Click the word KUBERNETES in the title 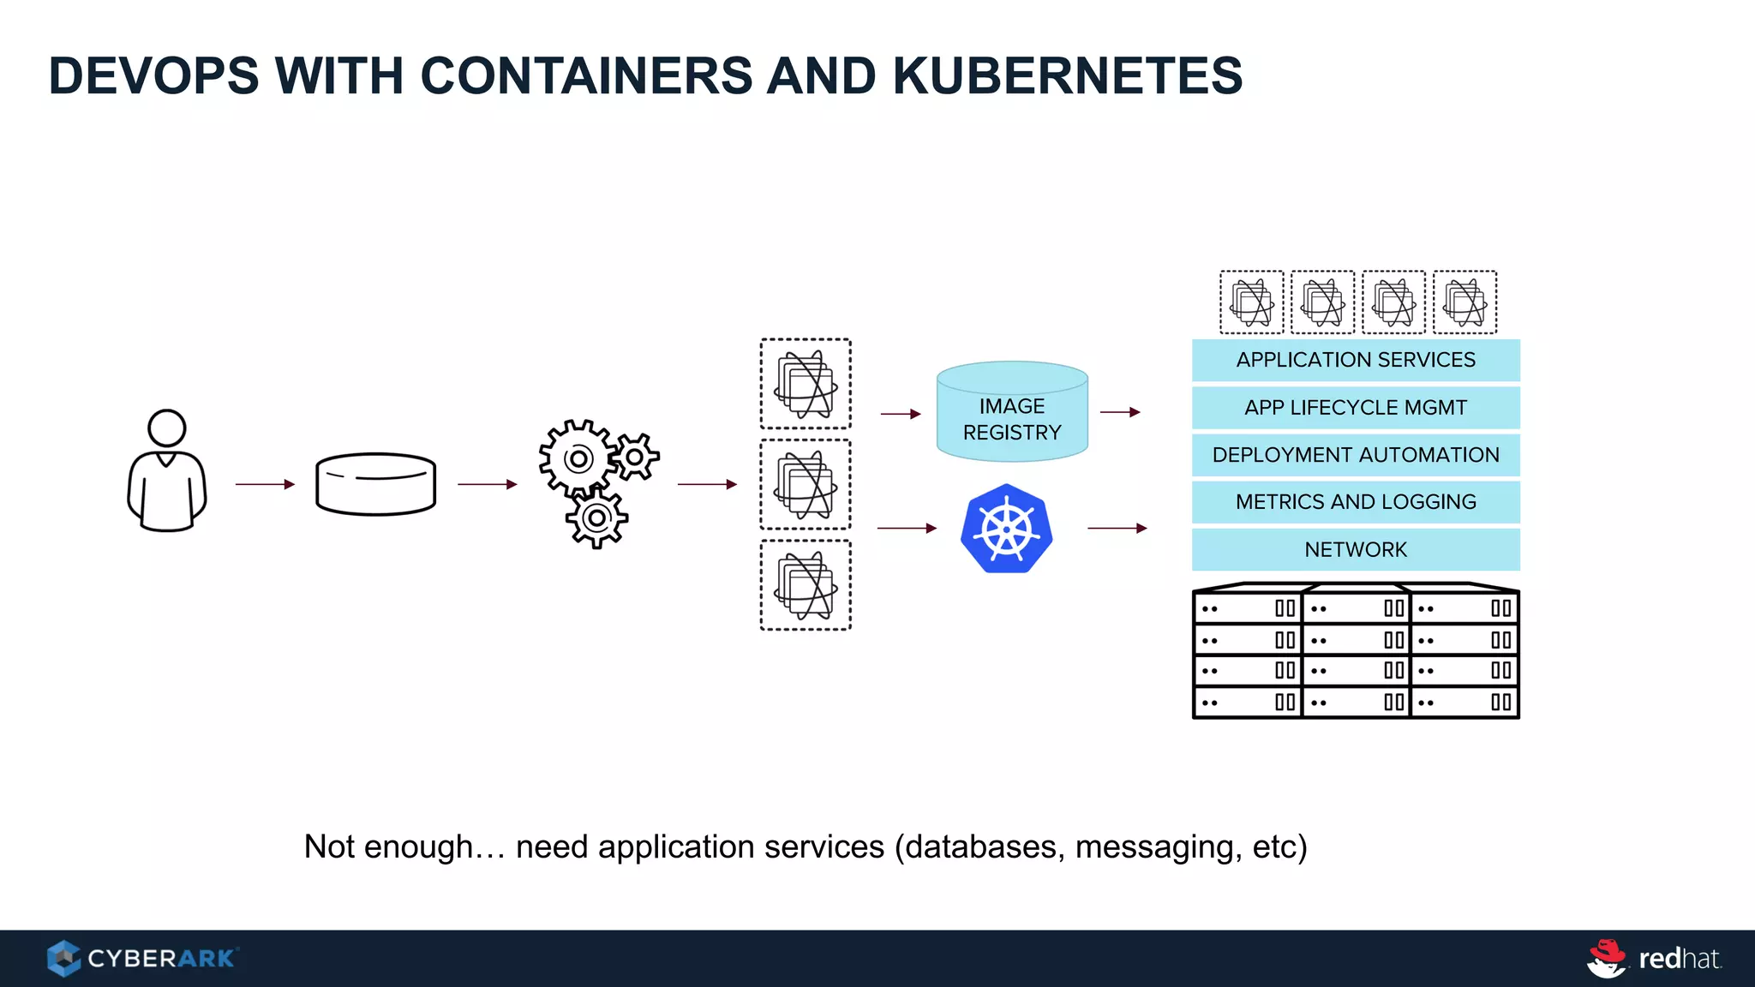pos(1067,75)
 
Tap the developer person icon pos(167,471)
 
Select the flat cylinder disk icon pos(375,484)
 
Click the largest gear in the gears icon pos(578,459)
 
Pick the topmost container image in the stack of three pos(806,384)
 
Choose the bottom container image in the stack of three pos(806,585)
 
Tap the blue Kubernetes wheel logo pos(1007,529)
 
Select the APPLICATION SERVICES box pos(1356,360)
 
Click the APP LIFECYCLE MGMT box pos(1356,408)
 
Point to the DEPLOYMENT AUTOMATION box pos(1356,455)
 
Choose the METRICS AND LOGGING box pos(1356,502)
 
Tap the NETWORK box pos(1356,549)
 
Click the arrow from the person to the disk pos(265,484)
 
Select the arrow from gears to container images pos(707,484)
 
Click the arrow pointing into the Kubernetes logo pos(907,529)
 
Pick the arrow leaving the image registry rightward pos(1120,412)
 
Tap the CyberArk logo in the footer pos(142,958)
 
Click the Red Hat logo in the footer pos(1654,958)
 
